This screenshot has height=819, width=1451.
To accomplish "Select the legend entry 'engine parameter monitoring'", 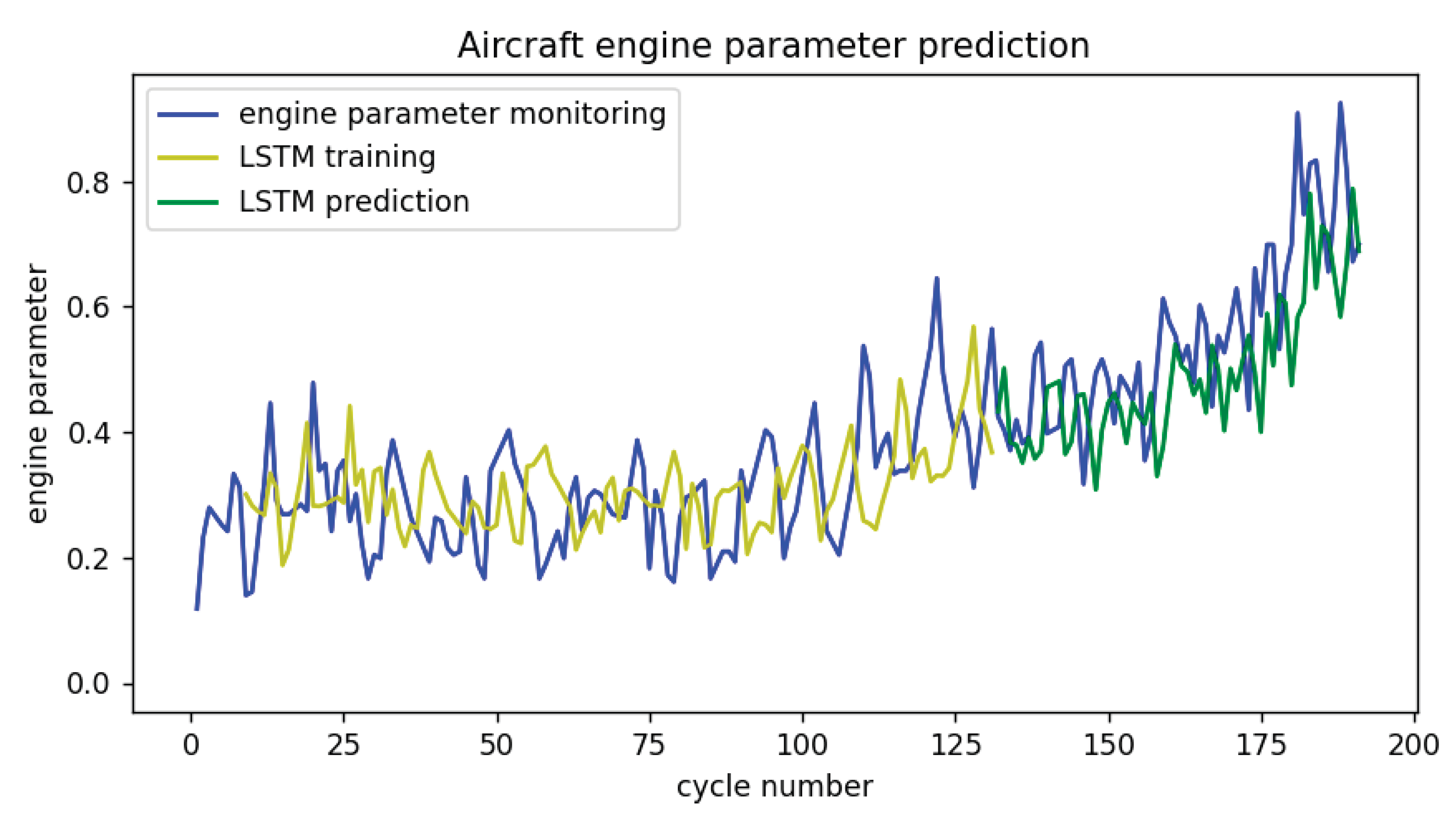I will pyautogui.click(x=452, y=114).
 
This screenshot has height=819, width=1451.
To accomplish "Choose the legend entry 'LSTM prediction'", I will pyautogui.click(x=354, y=201).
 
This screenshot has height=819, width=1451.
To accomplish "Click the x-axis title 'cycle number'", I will pyautogui.click(x=775, y=787).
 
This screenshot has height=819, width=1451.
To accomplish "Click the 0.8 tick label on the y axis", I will pyautogui.click(x=87, y=183).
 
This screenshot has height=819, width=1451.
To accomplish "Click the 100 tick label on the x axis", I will pyautogui.click(x=802, y=745).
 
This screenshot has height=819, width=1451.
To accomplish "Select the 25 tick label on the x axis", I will pyautogui.click(x=343, y=745).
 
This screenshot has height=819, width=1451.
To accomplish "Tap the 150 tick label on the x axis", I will pyautogui.click(x=1108, y=745).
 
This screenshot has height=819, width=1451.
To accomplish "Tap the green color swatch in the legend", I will pyautogui.click(x=187, y=202).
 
